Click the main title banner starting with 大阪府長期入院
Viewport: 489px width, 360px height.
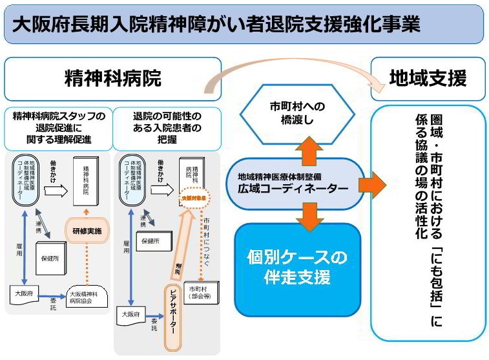pyautogui.click(x=244, y=24)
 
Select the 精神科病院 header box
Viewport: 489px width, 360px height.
pyautogui.click(x=113, y=79)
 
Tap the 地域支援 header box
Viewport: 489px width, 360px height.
pyautogui.click(x=428, y=79)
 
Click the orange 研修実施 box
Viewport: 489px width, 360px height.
pyautogui.click(x=88, y=230)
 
